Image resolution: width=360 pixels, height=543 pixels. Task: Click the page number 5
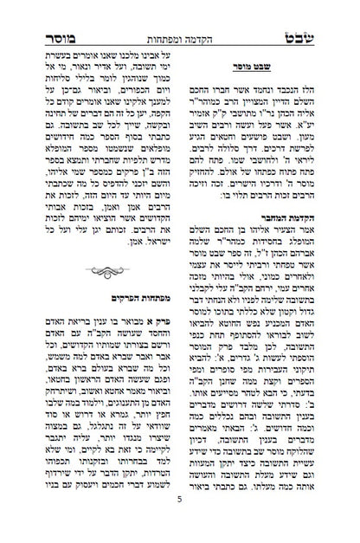click(x=180, y=523)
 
